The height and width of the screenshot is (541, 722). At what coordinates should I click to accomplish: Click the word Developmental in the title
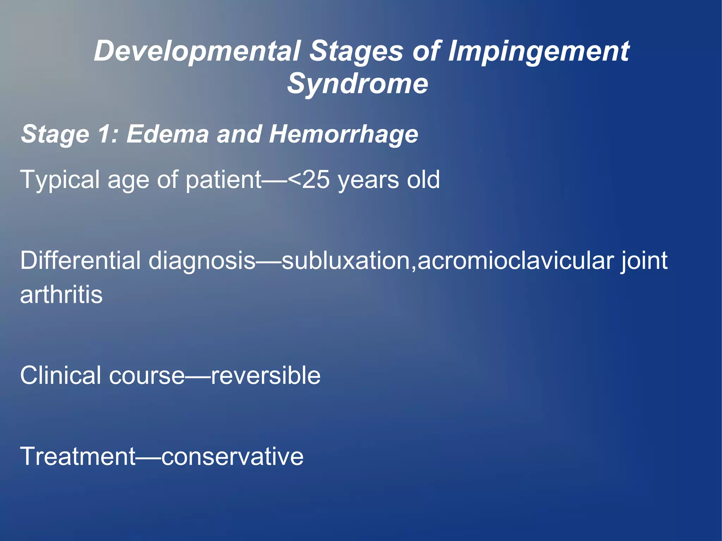click(197, 51)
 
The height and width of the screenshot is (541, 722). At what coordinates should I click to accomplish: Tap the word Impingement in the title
click(538, 51)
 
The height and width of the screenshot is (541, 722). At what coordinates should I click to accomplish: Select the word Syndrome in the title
click(357, 84)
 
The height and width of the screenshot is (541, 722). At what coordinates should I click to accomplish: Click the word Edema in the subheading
click(167, 134)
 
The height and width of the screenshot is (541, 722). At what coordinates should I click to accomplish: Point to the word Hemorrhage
click(343, 134)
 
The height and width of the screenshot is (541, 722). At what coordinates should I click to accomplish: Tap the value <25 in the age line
click(309, 180)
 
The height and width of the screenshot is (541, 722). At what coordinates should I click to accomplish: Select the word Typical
click(60, 180)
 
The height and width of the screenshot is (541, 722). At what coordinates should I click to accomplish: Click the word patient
click(224, 180)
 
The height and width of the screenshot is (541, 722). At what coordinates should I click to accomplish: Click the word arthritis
click(61, 295)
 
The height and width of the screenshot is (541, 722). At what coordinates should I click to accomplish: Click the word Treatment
click(78, 456)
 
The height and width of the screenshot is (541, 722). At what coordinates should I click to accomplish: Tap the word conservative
click(232, 456)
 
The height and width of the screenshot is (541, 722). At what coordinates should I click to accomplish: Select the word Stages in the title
click(356, 51)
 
